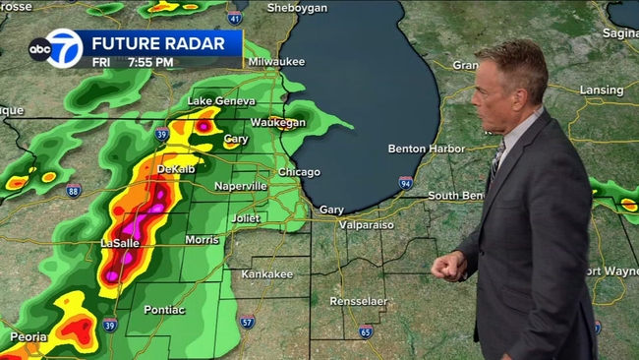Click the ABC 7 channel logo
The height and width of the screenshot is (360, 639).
tap(55, 49)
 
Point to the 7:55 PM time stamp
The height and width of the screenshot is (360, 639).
tap(150, 62)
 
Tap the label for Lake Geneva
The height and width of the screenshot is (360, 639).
tap(221, 101)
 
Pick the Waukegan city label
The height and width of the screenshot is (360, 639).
tap(275, 122)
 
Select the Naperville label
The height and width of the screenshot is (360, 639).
tap(240, 185)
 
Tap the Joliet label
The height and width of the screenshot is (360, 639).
tap(245, 216)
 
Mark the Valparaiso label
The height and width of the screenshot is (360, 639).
tap(368, 224)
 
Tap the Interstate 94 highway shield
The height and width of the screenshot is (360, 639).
tap(405, 182)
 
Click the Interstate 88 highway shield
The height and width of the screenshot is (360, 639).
tap(74, 191)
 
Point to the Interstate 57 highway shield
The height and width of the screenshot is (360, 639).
tap(248, 321)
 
